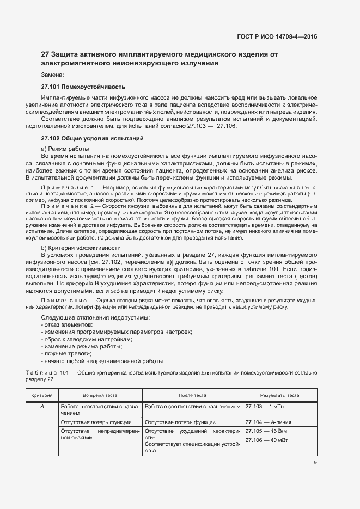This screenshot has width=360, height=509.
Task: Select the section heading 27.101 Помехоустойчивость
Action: (83, 87)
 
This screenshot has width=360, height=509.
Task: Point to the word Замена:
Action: (53, 75)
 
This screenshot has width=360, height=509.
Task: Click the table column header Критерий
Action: (42, 395)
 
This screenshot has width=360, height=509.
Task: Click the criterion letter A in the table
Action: (42, 407)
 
